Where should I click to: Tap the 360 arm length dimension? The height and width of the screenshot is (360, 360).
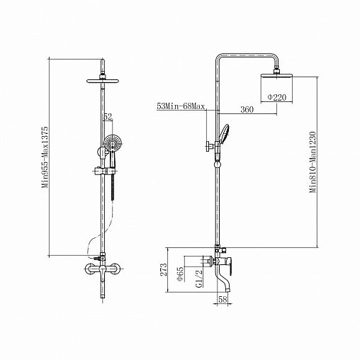pyautogui.click(x=247, y=110)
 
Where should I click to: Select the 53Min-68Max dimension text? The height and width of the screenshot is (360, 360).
pyautogui.click(x=181, y=106)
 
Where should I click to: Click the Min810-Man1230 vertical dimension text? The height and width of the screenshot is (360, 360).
pyautogui.click(x=313, y=159)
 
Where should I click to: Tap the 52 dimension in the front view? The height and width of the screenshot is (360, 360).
pyautogui.click(x=107, y=117)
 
